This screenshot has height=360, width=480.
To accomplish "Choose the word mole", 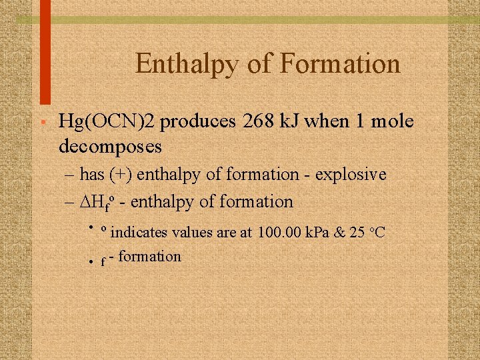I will coord(389,122).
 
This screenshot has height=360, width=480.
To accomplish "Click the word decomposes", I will coord(110,144).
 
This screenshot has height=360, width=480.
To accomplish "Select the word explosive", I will coord(351,175).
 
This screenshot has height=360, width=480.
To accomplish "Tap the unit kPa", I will coord(318,232).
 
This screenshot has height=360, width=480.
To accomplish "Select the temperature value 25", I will coord(357,232).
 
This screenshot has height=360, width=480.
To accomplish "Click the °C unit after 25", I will coord(377,232).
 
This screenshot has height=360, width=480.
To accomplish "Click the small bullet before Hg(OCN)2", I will coord(42,123).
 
